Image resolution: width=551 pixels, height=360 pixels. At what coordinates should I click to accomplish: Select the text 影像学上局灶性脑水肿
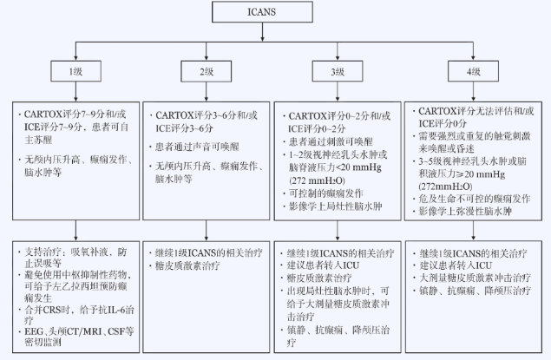coord(334,208)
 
